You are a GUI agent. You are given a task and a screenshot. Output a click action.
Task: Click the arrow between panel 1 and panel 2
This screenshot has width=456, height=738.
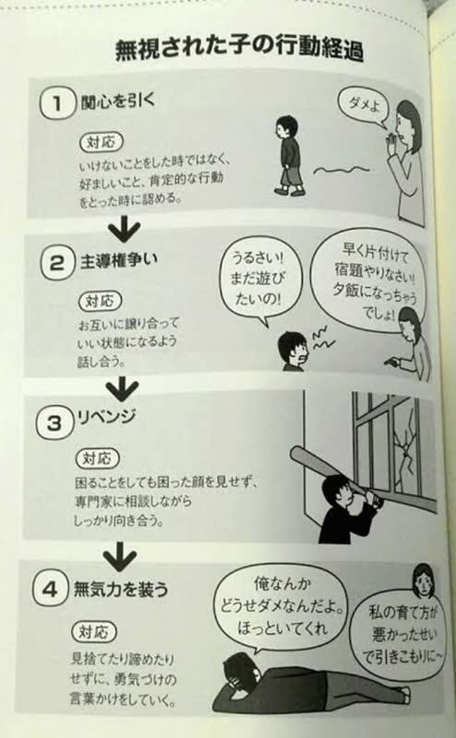click(117, 230)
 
